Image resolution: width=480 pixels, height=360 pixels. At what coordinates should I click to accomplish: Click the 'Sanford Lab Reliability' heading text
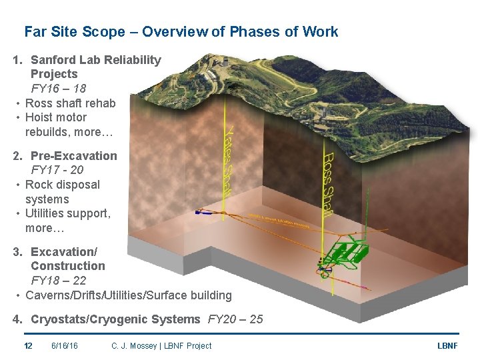pos(95,60)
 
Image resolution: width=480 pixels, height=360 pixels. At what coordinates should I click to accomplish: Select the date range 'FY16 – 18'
pos(59,89)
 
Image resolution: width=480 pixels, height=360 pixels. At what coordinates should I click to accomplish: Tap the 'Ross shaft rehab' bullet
pos(70,103)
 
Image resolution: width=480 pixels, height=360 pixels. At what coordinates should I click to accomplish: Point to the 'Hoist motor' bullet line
pos(56,117)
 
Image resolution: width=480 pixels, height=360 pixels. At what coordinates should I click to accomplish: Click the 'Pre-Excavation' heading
pos(73,156)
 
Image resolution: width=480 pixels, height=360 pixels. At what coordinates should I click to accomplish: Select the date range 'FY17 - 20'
pos(57,170)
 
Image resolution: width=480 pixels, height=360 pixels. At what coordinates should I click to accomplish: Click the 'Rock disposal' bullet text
pos(62,185)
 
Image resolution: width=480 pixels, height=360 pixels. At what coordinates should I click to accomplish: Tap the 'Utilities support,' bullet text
pos(67,213)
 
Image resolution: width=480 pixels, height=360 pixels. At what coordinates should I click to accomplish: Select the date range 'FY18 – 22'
pos(59,281)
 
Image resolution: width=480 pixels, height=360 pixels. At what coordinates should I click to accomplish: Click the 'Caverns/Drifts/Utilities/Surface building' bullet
pos(128,295)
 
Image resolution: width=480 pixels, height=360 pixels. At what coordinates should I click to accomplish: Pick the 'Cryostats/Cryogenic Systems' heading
pos(115,319)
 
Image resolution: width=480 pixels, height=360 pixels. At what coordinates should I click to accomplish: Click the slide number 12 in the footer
pos(28,345)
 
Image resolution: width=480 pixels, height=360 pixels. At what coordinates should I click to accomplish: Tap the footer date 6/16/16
pos(64,345)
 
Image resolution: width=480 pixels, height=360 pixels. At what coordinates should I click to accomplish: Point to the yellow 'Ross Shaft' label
pos(328,183)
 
